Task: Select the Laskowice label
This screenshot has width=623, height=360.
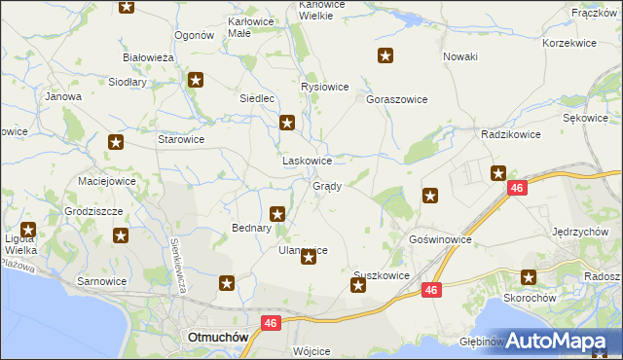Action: click(x=308, y=161)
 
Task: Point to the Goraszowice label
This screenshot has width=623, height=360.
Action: click(x=397, y=99)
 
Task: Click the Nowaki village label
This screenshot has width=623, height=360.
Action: click(x=460, y=56)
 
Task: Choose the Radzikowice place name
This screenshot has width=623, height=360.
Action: click(x=505, y=135)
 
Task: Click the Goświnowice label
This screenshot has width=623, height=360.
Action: click(x=441, y=238)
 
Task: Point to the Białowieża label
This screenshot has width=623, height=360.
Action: click(x=148, y=57)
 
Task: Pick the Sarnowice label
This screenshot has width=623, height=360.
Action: click(x=103, y=281)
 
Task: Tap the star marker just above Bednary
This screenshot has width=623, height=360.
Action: click(x=277, y=213)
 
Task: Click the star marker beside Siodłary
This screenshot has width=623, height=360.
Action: click(x=196, y=81)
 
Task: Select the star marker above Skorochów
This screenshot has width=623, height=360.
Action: click(x=530, y=277)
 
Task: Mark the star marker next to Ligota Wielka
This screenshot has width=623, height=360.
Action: click(x=28, y=231)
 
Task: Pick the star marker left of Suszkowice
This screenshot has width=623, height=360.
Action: click(x=357, y=285)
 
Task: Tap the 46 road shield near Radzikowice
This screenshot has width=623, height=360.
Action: click(x=517, y=188)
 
